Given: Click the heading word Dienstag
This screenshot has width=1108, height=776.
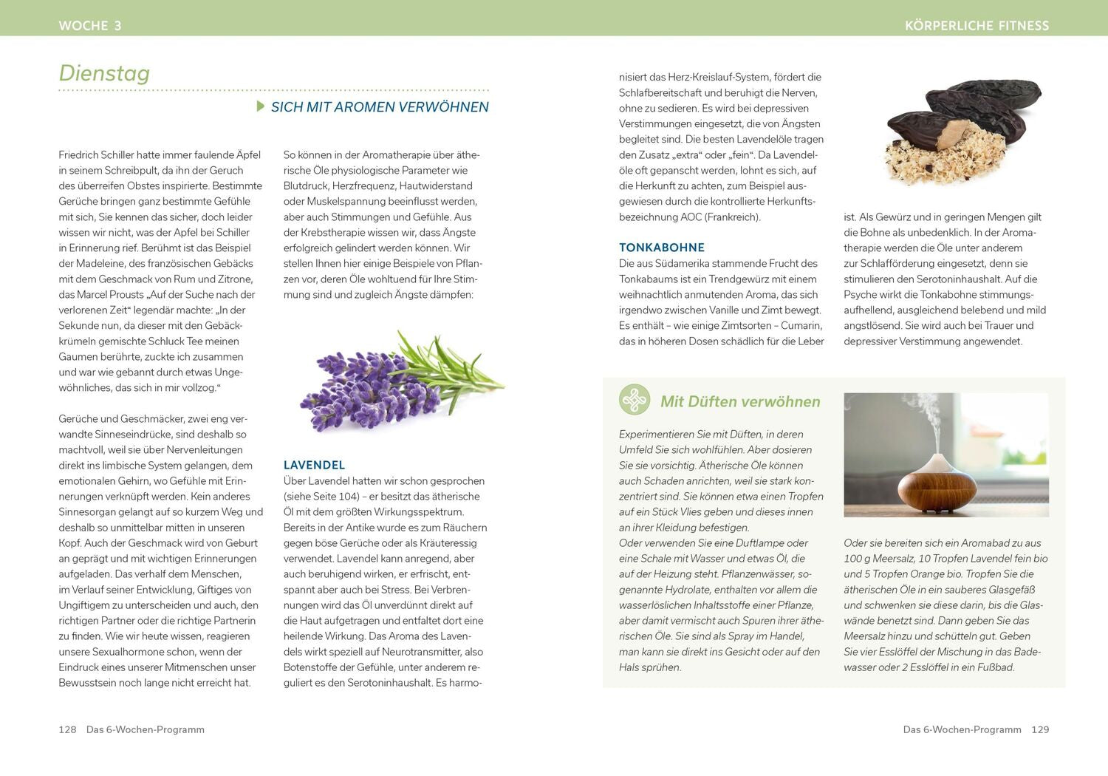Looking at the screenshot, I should click(x=104, y=73).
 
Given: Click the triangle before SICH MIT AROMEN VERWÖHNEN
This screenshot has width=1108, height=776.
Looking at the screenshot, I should click(x=261, y=106).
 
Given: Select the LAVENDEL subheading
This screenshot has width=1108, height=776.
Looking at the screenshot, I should click(x=314, y=465).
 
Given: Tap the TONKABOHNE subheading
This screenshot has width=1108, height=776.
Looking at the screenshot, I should click(x=661, y=248).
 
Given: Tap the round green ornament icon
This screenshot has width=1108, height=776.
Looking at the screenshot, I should click(x=635, y=400).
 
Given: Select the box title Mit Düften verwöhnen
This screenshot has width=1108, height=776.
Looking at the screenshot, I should click(x=740, y=401).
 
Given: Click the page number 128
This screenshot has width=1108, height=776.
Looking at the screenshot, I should click(x=67, y=729).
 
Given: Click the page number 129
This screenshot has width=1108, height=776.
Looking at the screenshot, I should click(x=1040, y=729).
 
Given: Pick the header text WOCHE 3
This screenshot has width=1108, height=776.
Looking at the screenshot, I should click(x=89, y=26).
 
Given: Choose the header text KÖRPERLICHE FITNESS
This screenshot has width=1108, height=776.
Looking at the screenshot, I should click(x=977, y=26).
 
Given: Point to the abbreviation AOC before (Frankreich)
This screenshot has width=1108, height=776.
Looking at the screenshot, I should click(x=691, y=217).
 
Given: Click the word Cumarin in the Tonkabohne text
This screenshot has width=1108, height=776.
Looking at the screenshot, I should click(x=801, y=325).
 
